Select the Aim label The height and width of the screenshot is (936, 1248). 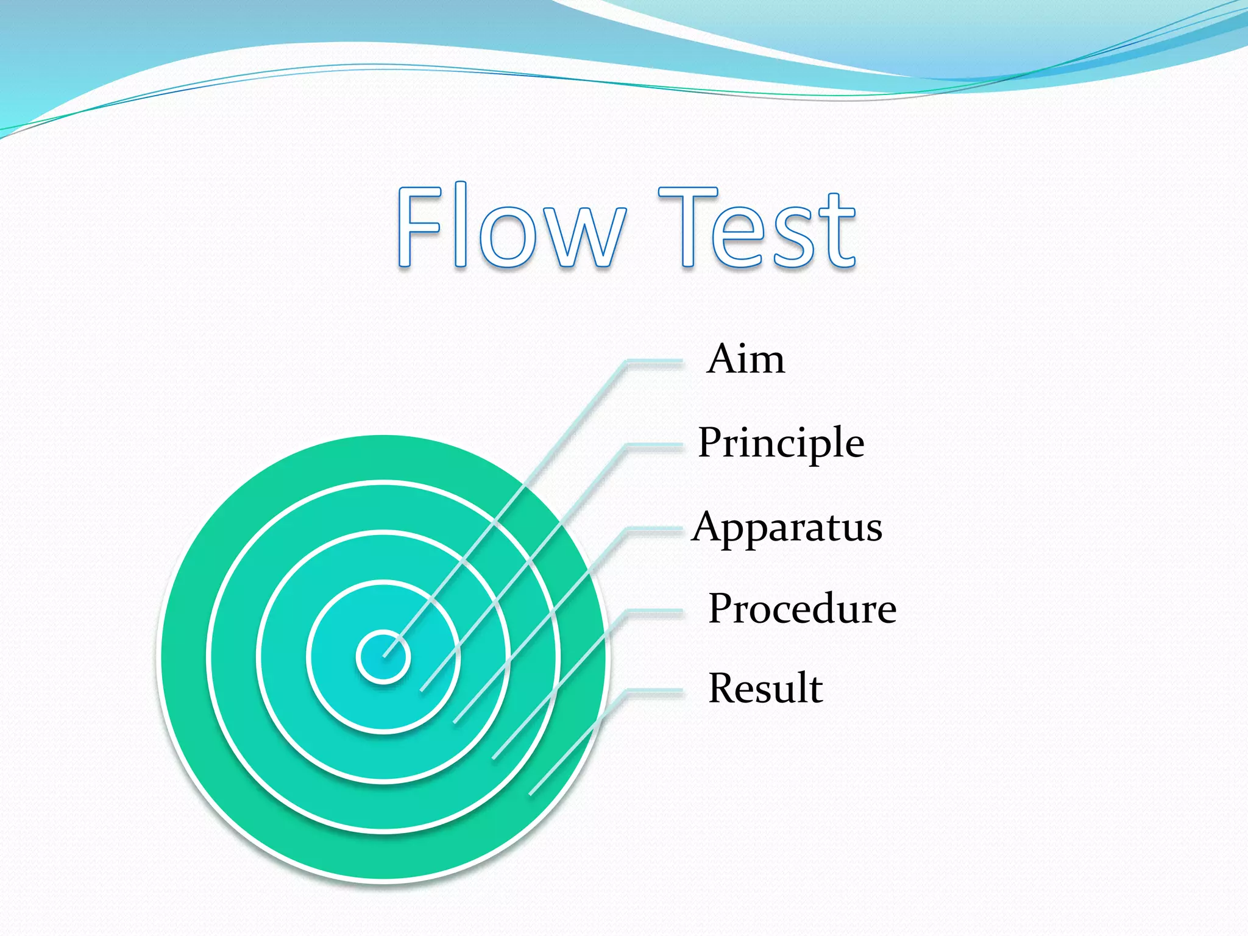pos(746,359)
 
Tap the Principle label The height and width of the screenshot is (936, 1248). pos(781,443)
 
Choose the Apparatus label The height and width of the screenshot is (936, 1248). pos(787,527)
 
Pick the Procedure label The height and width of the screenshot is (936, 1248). pos(802,609)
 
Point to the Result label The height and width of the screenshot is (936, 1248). pos(765,689)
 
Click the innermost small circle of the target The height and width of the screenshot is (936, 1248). pos(383,657)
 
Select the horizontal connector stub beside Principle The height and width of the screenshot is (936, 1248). pos(655,447)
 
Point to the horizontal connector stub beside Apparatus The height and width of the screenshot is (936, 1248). pos(655,531)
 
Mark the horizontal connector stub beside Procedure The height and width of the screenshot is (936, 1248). pos(655,612)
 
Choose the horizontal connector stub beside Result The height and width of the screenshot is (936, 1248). pos(655,692)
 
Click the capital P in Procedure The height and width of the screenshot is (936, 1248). pos(723,608)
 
